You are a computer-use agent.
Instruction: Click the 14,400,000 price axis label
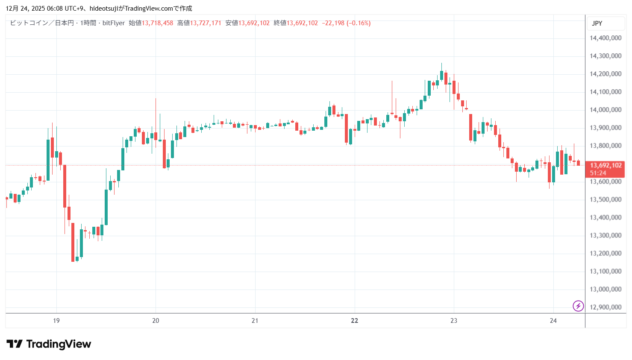pos(605,38)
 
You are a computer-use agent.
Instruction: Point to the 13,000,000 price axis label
pos(605,289)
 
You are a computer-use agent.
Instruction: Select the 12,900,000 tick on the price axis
pos(605,307)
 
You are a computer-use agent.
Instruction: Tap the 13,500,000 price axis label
pos(605,199)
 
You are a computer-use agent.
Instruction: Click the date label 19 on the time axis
pos(56,321)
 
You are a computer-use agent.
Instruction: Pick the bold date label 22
pos(354,321)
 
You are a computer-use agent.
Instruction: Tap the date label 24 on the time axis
pos(553,321)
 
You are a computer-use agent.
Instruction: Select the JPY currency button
pos(597,23)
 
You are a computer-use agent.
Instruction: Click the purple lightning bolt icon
pos(578,306)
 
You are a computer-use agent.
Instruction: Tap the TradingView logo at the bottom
pos(49,344)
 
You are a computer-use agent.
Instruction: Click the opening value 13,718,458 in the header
pos(157,23)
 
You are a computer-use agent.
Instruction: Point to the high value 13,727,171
pos(206,23)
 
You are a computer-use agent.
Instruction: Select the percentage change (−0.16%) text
pos(359,23)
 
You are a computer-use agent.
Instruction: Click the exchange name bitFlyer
pos(114,23)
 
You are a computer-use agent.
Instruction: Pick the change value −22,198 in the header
pos(333,23)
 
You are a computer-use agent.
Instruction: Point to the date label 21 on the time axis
pos(255,321)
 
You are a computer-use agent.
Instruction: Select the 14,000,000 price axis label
pos(605,110)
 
